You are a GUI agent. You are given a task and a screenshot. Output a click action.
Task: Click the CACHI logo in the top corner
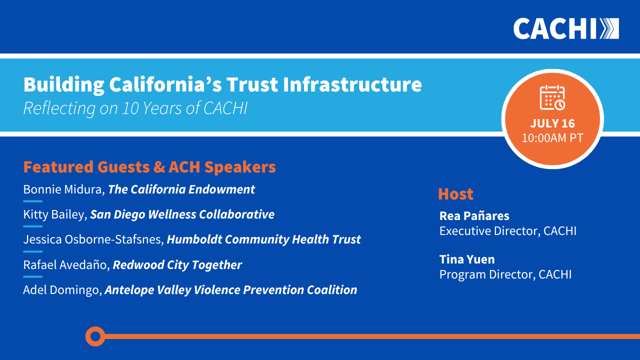(x=566, y=28)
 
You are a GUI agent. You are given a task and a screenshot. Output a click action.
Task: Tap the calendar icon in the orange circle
(x=552, y=97)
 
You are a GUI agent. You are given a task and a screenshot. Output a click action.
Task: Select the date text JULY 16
(x=552, y=123)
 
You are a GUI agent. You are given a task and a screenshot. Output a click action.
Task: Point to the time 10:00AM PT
(x=552, y=138)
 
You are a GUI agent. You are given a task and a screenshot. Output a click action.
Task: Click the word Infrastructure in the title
(x=352, y=84)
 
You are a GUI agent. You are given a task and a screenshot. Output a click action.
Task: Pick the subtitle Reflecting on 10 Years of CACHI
(x=135, y=108)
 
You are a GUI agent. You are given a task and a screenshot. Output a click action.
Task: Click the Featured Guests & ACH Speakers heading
(x=149, y=167)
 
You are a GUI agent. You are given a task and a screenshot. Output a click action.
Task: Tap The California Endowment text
(x=181, y=189)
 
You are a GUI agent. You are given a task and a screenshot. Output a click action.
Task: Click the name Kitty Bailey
(x=55, y=214)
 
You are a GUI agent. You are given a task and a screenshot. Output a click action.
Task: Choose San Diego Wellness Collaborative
(x=182, y=214)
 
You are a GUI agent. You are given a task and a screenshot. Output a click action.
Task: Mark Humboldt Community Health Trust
(x=263, y=239)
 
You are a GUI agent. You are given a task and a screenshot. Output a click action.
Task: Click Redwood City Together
(x=177, y=265)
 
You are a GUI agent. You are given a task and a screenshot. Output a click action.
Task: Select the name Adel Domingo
(x=62, y=290)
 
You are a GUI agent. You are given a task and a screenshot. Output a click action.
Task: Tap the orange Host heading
(x=455, y=194)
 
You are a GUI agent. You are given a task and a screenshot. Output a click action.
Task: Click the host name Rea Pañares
(x=474, y=216)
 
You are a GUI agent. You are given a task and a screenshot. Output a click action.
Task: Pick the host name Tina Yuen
(x=467, y=259)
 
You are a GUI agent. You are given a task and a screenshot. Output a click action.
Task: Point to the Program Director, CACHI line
(x=505, y=274)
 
